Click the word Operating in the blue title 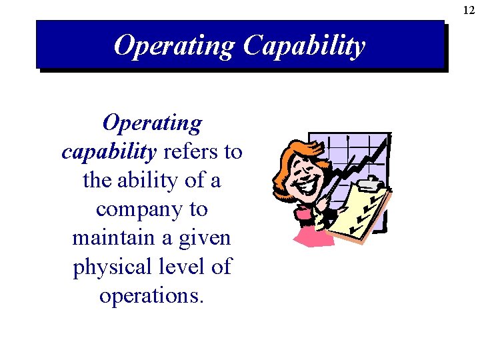tap(173, 46)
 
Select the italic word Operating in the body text tap(152, 123)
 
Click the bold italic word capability tap(109, 152)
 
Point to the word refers tap(191, 152)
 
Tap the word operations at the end tap(151, 295)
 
